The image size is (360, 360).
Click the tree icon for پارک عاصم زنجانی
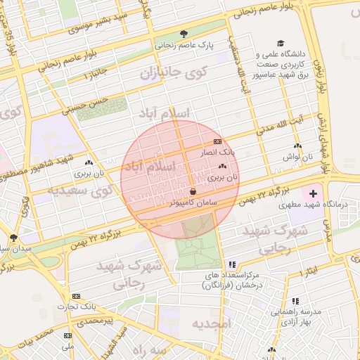point(184,34)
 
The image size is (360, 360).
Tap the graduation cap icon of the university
point(281,44)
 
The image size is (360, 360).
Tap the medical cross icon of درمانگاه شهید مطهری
point(313,192)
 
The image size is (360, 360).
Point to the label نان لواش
point(297,156)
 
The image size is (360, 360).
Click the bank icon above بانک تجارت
point(76,296)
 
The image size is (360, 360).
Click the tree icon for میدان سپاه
point(14,238)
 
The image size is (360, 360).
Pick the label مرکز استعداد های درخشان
point(232,281)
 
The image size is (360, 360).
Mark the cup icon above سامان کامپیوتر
point(193,191)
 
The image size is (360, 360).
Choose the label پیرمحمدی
point(95,321)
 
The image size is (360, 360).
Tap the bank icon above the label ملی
point(67,335)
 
